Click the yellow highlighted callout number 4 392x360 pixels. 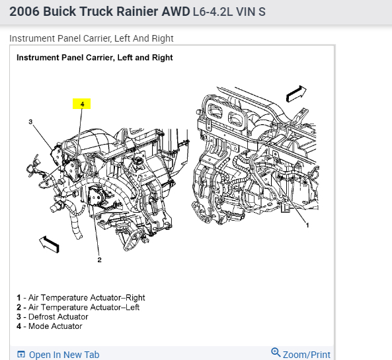pos(82,104)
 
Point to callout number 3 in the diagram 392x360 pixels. pos(30,122)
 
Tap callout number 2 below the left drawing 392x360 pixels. pos(100,260)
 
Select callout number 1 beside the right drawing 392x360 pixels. pos(307,225)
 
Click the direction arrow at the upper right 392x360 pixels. pos(296,93)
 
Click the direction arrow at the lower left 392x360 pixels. pos(50,244)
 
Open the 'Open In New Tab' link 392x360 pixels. pos(64,355)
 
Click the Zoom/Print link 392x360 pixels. pos(307,355)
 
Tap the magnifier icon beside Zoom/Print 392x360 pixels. pos(276,352)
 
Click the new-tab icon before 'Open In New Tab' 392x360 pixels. pos(21,354)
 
